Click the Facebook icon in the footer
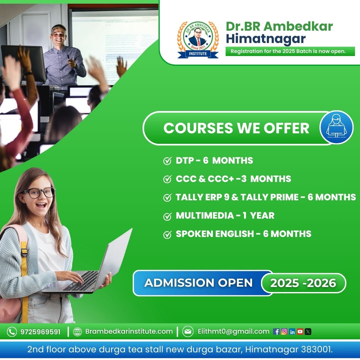coord(276,332)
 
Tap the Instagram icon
coord(284,332)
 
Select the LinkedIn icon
coord(292,332)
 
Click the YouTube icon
coord(300,332)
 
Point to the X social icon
coord(308,332)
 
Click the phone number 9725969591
coord(40,332)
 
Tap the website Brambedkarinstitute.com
coord(129,331)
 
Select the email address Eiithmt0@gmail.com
coord(233,332)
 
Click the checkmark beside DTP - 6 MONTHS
coord(167,161)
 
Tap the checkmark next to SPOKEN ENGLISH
coord(167,234)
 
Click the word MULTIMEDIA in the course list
coord(205,216)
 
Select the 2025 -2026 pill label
coord(303,283)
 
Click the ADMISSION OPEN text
coord(199,283)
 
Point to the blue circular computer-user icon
coord(337,127)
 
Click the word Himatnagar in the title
coord(266,39)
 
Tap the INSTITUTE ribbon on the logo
coord(198,54)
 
